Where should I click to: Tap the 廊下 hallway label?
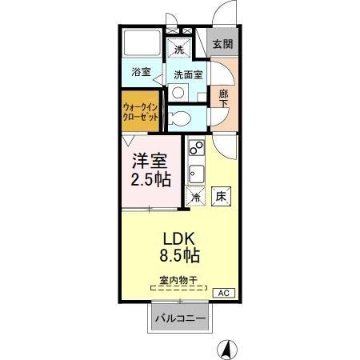click(x=224, y=97)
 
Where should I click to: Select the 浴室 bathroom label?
click(x=141, y=73)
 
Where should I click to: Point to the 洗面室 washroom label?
click(x=188, y=74)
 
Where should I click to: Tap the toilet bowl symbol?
click(x=180, y=118)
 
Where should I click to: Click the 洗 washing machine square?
click(x=180, y=50)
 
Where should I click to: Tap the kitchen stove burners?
click(x=194, y=149)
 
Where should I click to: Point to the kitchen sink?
click(x=195, y=171)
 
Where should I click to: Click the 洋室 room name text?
click(x=150, y=159)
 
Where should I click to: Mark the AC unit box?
click(x=223, y=292)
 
